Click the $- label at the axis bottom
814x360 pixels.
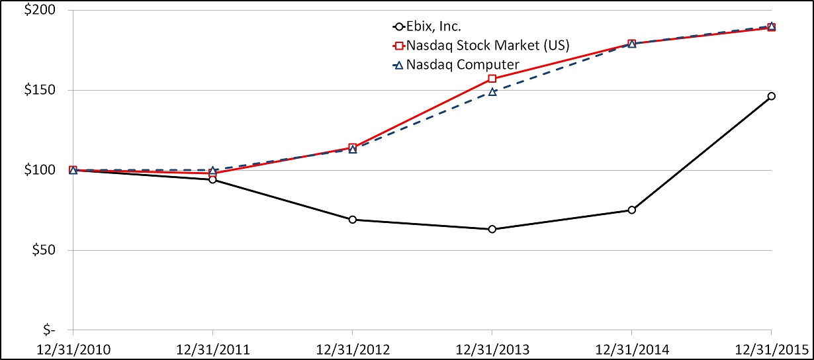(x=48, y=330)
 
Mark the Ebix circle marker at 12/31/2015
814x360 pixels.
(x=772, y=96)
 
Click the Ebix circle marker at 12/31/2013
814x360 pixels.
(x=492, y=229)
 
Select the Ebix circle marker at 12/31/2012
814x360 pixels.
(x=353, y=219)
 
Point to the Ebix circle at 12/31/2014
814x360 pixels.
(x=632, y=210)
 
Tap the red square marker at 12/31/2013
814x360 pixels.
(x=492, y=79)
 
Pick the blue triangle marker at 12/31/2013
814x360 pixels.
(x=492, y=91)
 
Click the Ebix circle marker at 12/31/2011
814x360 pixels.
(x=212, y=179)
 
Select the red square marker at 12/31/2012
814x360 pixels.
(x=353, y=148)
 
